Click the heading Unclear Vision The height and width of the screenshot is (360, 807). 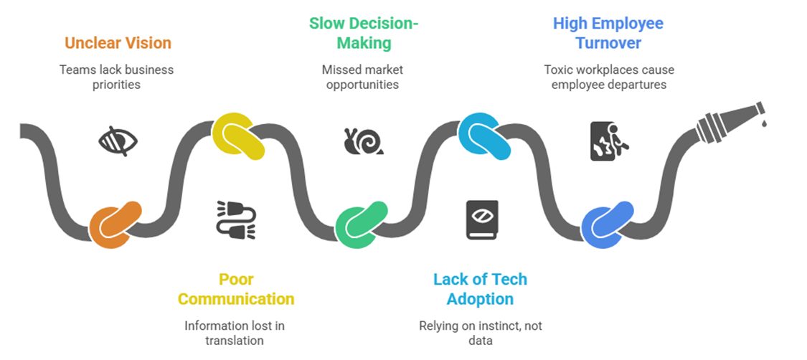pyautogui.click(x=118, y=43)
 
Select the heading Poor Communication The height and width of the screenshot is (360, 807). pyautogui.click(x=236, y=289)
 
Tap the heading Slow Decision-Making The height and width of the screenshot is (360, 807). pyautogui.click(x=364, y=33)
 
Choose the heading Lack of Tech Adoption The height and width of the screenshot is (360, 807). pyautogui.click(x=480, y=289)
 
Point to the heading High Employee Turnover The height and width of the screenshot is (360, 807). pyautogui.click(x=608, y=33)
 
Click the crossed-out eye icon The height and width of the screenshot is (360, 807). pyautogui.click(x=118, y=141)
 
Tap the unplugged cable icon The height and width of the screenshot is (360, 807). pyautogui.click(x=236, y=219)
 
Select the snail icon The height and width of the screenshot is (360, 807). pyautogui.click(x=363, y=141)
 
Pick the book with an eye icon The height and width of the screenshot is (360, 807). pyautogui.click(x=482, y=219)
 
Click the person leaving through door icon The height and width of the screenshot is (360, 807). pyautogui.click(x=608, y=141)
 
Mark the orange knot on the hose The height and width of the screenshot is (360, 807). pyautogui.click(x=115, y=224)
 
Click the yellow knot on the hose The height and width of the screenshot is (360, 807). pyautogui.click(x=239, y=136)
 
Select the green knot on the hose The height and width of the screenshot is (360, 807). pyautogui.click(x=362, y=224)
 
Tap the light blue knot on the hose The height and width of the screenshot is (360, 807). pyautogui.click(x=484, y=136)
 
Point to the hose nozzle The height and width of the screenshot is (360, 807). pyautogui.click(x=728, y=122)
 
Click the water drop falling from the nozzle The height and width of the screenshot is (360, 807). pyautogui.click(x=765, y=124)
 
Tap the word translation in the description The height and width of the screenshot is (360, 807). pyautogui.click(x=235, y=340)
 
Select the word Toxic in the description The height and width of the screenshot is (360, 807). pyautogui.click(x=558, y=70)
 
